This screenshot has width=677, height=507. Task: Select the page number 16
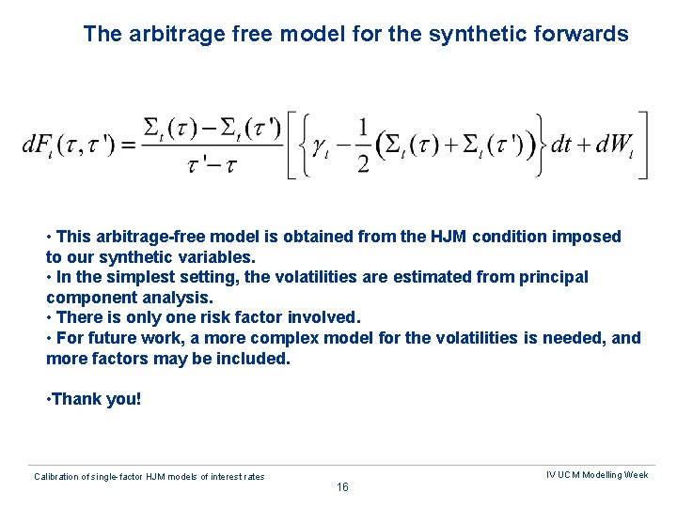click(x=341, y=487)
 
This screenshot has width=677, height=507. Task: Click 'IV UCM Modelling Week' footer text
click(x=597, y=475)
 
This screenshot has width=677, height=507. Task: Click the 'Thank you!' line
click(x=94, y=399)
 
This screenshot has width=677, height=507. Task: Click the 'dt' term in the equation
click(x=561, y=146)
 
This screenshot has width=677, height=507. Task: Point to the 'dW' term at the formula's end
click(x=613, y=146)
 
